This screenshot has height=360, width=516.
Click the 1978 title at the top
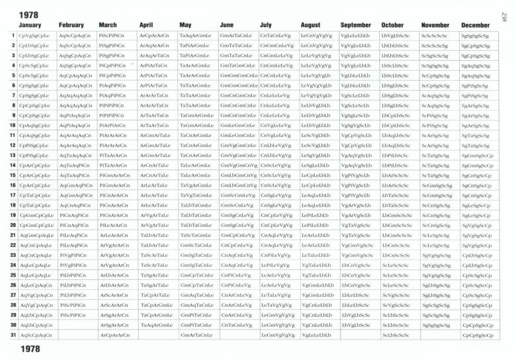pyautogui.click(x=28, y=14)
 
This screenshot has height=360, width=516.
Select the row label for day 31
pyautogui.click(x=13, y=336)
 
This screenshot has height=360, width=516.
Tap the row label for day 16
pyautogui.click(x=13, y=185)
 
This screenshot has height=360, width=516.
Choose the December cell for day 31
pyautogui.click(x=476, y=336)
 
